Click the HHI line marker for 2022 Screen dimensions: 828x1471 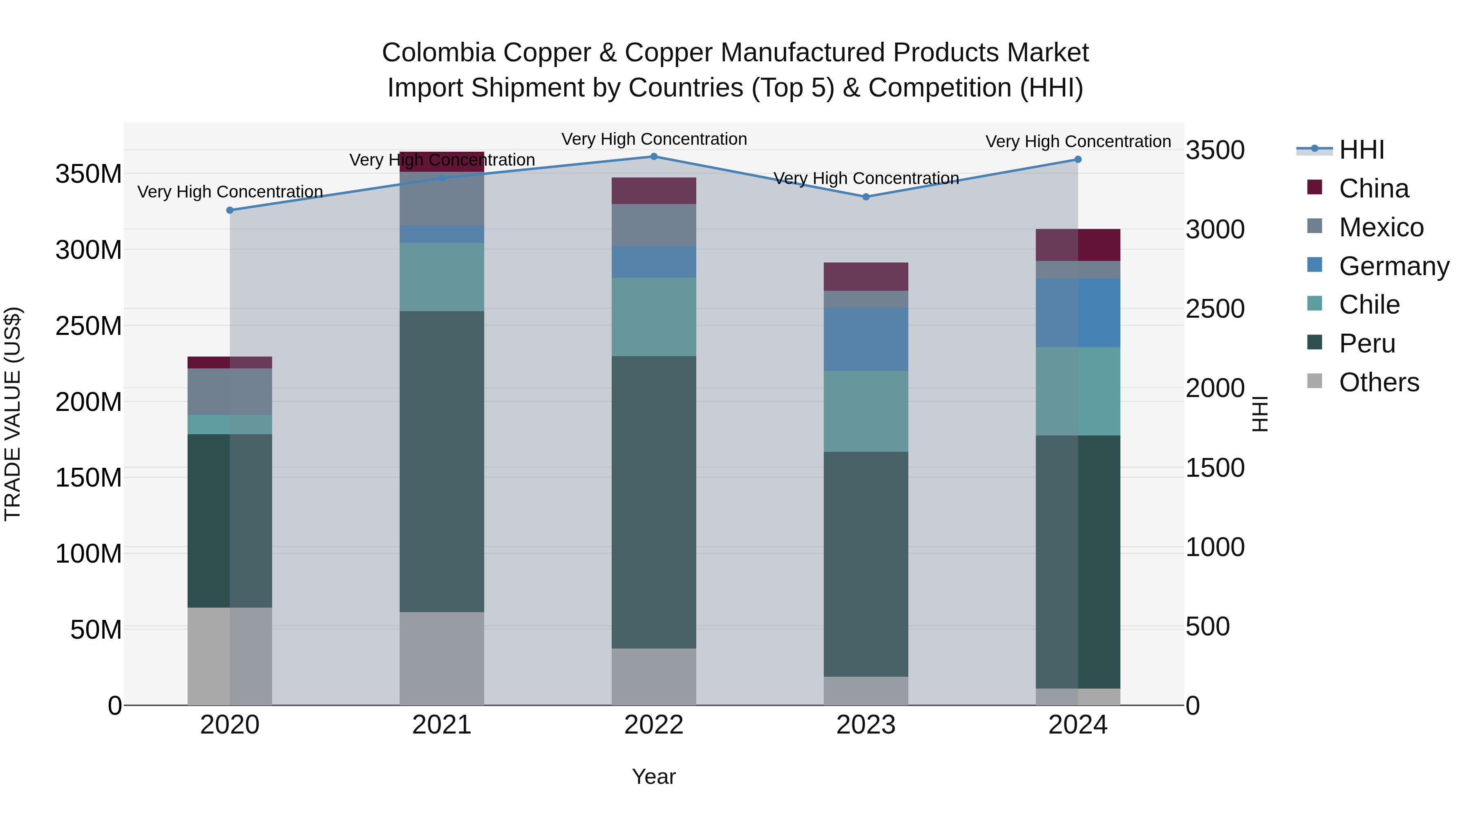[654, 157]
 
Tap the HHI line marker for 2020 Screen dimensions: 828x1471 [230, 210]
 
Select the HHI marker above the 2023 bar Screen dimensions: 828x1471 [866, 197]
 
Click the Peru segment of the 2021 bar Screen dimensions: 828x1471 [441, 462]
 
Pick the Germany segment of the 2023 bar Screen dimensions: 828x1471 [866, 339]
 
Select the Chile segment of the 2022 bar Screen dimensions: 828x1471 [654, 317]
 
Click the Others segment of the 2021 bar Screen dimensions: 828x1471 [441, 658]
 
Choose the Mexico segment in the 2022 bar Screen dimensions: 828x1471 [654, 225]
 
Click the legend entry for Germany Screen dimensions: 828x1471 [1394, 266]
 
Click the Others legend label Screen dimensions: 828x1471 [1379, 382]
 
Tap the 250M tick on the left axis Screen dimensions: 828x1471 [89, 326]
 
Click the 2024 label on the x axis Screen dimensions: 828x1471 [1078, 725]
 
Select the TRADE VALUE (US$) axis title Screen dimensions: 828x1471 [13, 414]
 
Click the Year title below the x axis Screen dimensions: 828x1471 [654, 776]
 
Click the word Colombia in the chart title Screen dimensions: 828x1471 [438, 53]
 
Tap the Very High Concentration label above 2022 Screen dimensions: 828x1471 [654, 139]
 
